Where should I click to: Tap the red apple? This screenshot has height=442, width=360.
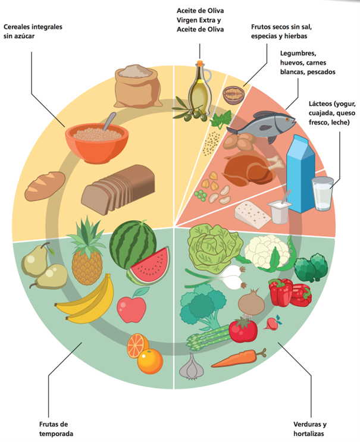coord(132,306)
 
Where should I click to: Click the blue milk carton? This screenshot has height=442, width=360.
coord(302,173)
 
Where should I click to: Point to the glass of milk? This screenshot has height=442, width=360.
coord(321,193)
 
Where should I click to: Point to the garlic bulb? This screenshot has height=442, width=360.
coord(191,367)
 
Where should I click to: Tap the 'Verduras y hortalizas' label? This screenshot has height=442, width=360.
coord(310,428)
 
